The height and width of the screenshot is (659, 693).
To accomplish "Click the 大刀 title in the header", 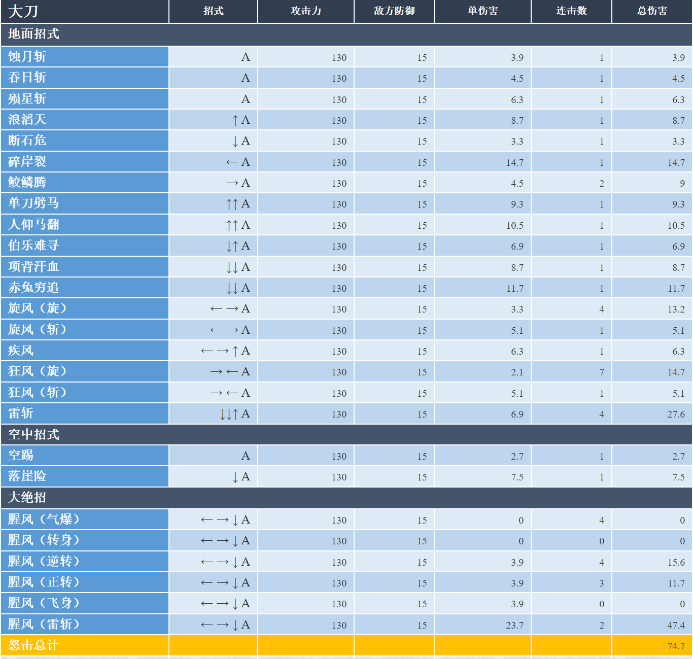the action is [x=23, y=11].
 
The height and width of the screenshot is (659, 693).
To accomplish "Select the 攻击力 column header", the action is [x=305, y=11].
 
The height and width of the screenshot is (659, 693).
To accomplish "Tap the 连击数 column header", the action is [x=571, y=11].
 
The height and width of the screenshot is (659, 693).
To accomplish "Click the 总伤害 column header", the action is [x=652, y=11].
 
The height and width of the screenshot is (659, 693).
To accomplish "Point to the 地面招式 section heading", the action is [x=33, y=34].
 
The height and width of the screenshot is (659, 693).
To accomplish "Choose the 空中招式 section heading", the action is [x=33, y=434].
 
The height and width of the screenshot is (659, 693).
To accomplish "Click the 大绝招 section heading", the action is [x=27, y=498].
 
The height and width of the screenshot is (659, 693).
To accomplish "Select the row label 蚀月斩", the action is [x=27, y=56].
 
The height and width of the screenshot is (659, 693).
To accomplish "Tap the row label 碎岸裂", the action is [x=27, y=161].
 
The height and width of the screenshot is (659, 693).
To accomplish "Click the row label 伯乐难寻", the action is [x=33, y=246].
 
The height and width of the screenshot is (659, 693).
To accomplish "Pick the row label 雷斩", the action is [x=21, y=413].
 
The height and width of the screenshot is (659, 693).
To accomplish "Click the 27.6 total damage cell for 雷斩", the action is [x=676, y=414].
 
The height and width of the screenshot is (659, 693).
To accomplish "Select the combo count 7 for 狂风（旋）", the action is [x=602, y=372].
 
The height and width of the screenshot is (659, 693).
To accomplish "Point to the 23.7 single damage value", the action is [x=514, y=625].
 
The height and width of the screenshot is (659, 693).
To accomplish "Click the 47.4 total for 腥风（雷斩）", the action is [x=676, y=625].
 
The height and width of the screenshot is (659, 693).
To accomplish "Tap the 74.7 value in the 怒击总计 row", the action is [x=676, y=646].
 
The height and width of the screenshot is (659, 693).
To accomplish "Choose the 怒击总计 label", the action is [x=33, y=645].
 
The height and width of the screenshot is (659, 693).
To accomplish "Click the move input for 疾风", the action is [x=225, y=351].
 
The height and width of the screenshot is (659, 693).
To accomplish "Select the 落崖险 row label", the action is [x=27, y=476].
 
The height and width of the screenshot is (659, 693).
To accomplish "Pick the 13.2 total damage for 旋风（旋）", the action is [x=676, y=309].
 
